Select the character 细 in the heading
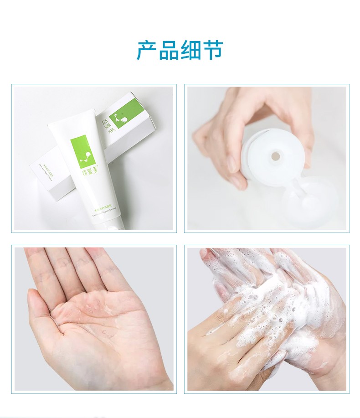190,51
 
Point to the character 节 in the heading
212,51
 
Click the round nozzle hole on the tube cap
275,156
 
